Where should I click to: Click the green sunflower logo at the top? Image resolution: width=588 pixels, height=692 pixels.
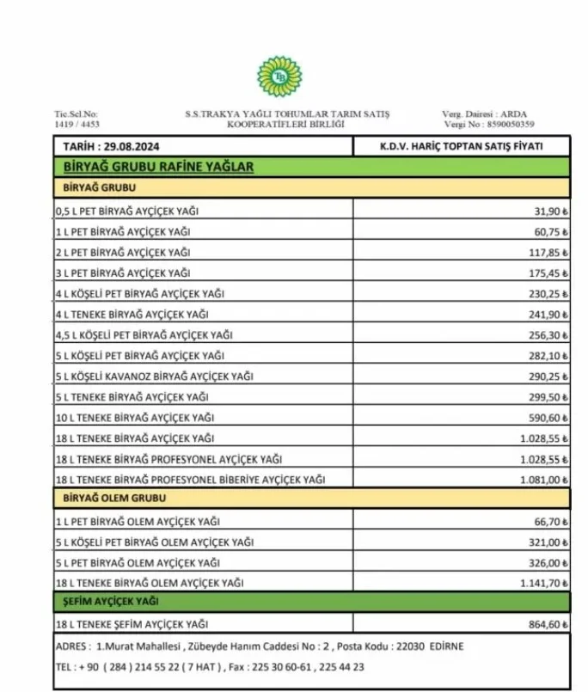[279, 77]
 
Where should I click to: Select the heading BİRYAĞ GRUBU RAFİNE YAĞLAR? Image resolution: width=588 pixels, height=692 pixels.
[159, 167]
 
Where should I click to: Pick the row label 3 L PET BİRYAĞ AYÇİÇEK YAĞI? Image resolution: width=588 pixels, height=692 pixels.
[123, 273]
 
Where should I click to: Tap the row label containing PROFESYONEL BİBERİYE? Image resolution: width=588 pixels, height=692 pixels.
[190, 479]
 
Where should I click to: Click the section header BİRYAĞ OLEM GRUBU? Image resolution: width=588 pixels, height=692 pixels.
[113, 499]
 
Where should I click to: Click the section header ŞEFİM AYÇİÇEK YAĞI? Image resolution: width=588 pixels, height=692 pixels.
[110, 603]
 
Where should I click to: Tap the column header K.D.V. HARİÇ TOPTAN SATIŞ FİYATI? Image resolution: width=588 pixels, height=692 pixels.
[461, 147]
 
